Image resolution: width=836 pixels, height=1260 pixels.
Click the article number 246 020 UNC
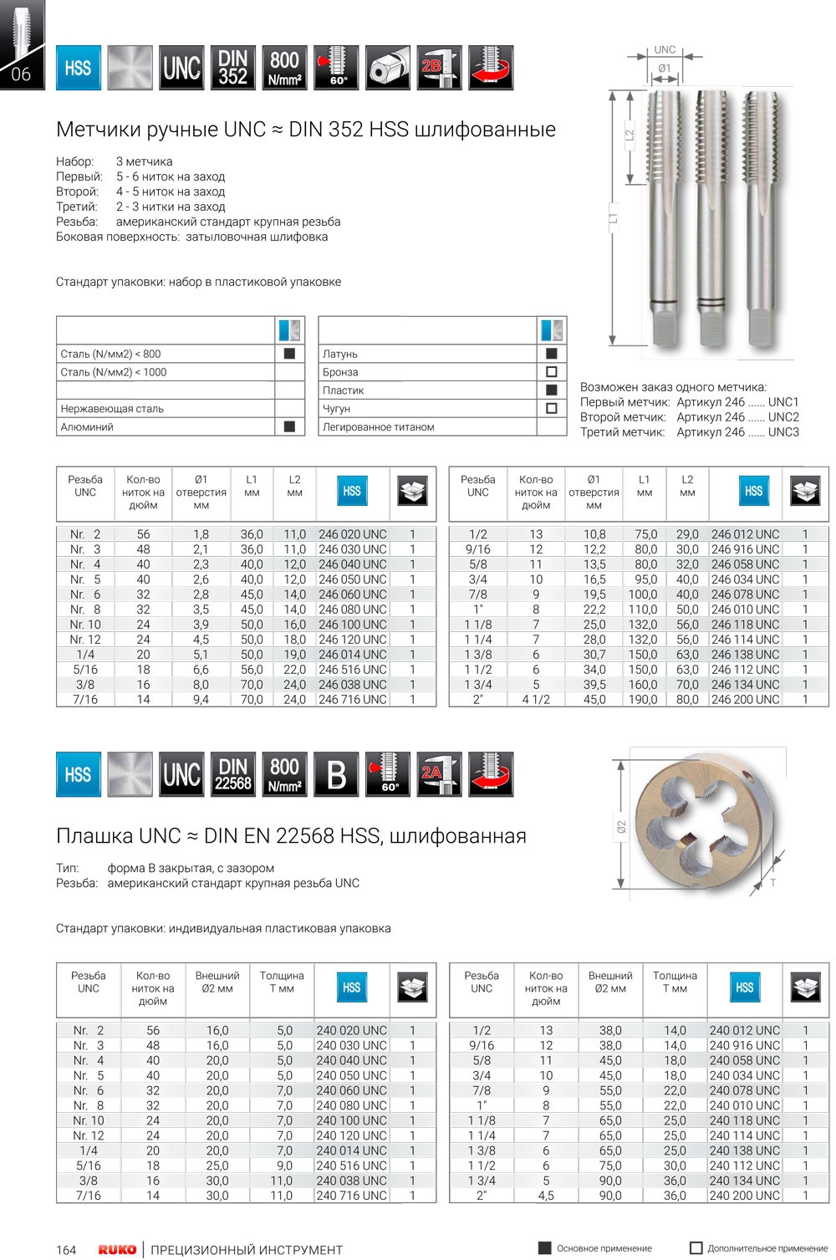tap(352, 534)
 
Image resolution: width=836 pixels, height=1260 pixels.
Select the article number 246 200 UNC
tap(745, 700)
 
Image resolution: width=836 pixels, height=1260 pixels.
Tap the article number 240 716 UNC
tap(351, 1196)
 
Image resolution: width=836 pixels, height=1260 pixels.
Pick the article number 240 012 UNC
tap(744, 1031)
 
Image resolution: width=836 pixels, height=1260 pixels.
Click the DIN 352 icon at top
tap(232, 69)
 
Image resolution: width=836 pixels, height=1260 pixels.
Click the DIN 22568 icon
tap(232, 774)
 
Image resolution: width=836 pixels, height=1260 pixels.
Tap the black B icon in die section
tap(336, 774)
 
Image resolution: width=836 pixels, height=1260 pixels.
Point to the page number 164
tap(66, 1250)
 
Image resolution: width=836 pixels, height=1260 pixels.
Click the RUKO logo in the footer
tap(117, 1250)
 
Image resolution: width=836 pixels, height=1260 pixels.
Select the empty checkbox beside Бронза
tap(551, 372)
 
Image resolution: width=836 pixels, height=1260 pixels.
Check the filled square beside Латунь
tap(551, 354)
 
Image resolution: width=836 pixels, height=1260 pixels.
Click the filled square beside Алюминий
tap(289, 426)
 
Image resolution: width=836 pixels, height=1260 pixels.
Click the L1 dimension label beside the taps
tap(613, 217)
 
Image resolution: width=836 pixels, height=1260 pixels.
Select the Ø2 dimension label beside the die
tap(621, 827)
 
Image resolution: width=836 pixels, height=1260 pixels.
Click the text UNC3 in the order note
tap(783, 432)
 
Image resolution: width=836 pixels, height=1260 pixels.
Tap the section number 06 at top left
tap(21, 74)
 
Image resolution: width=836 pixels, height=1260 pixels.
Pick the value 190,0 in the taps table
tap(643, 700)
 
